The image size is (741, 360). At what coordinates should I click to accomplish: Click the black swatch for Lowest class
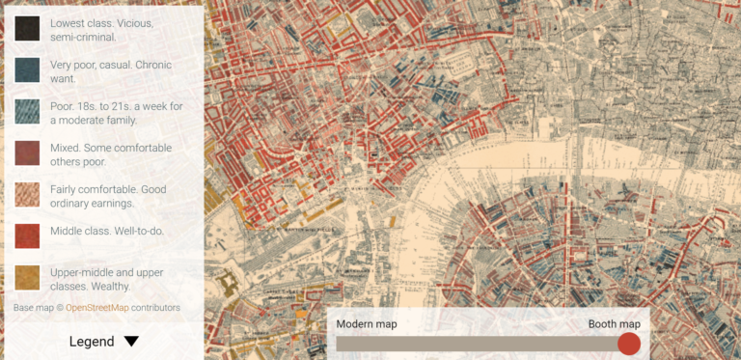(27, 29)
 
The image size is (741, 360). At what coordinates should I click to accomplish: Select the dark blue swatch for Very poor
(27, 71)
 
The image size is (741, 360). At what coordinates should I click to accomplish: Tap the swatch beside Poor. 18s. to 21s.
(27, 113)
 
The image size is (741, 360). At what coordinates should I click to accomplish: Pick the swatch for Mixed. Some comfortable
(27, 154)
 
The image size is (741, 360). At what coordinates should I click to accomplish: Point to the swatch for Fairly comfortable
(27, 196)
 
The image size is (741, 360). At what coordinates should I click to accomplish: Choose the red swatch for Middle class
(27, 237)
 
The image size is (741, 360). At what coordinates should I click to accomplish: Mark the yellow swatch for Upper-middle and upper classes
(27, 279)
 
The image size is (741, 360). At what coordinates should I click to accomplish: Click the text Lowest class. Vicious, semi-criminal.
(101, 29)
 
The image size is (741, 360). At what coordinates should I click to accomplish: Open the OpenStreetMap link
(97, 308)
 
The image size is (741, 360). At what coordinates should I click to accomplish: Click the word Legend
(92, 341)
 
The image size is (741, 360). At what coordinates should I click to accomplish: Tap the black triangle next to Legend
(131, 341)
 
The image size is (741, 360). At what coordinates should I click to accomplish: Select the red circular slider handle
(629, 344)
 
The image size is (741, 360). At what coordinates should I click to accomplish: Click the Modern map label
(367, 324)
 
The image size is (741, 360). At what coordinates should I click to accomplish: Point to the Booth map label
(615, 324)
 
